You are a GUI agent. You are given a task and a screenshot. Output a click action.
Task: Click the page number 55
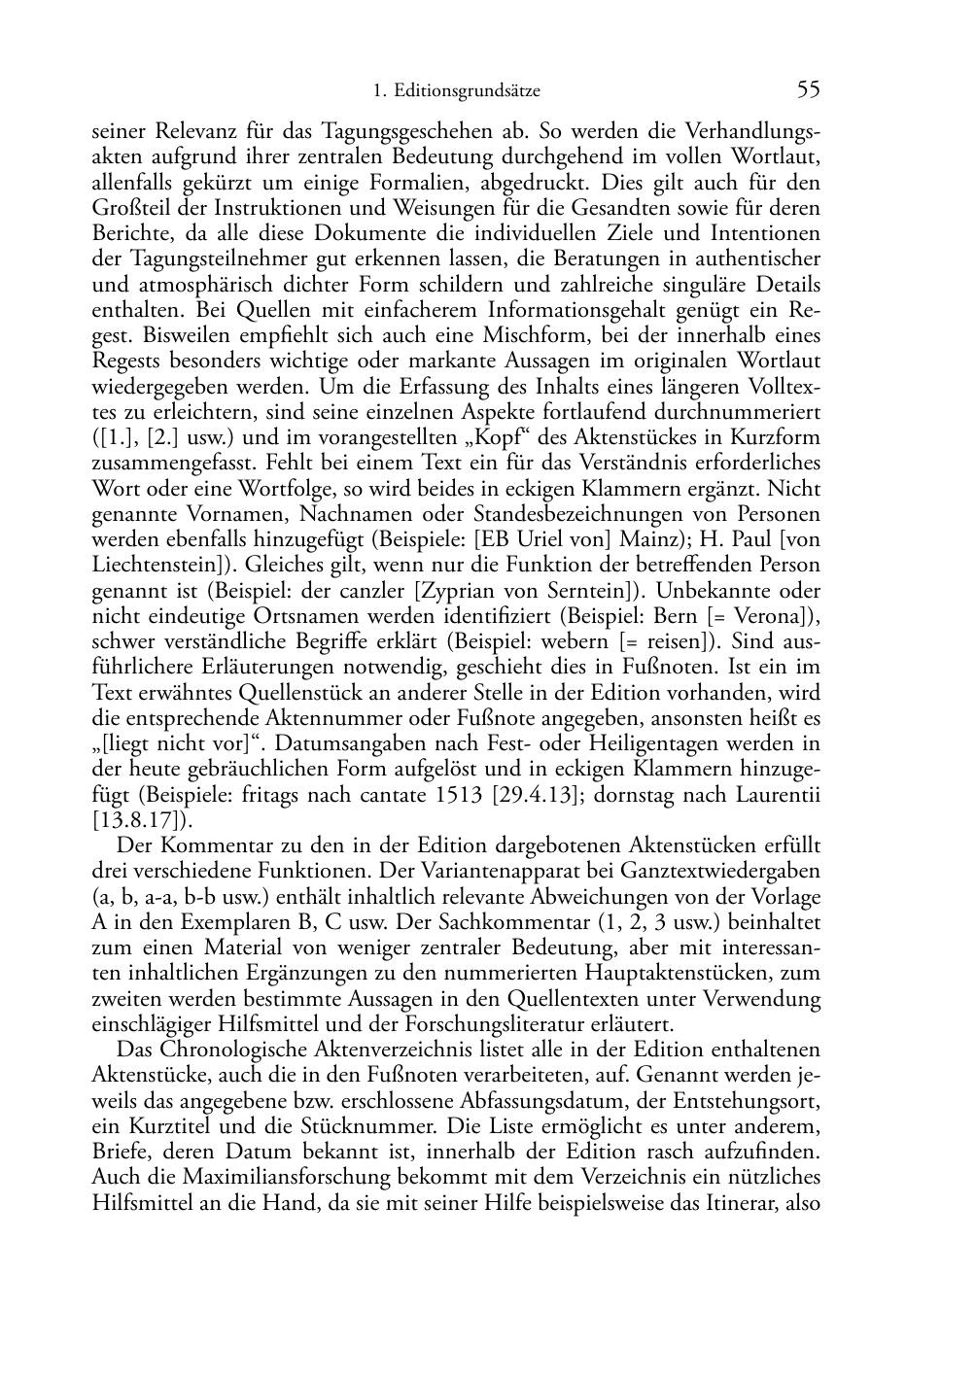[808, 90]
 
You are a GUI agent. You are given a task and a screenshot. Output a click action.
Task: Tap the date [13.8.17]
[135, 819]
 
